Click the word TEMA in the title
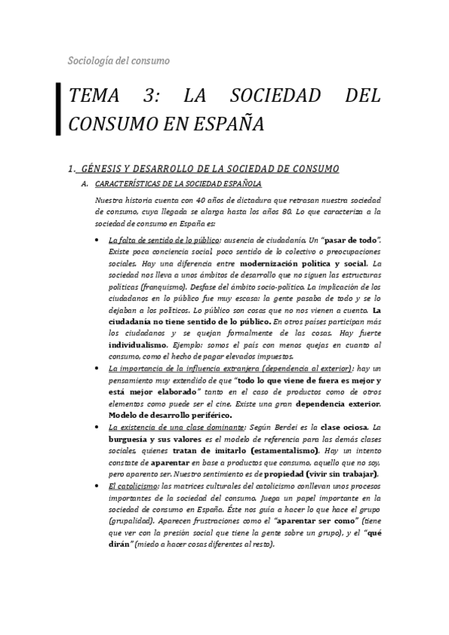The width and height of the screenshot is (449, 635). click(97, 96)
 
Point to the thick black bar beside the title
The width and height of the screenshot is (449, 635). click(58, 109)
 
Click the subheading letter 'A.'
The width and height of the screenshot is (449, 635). click(85, 183)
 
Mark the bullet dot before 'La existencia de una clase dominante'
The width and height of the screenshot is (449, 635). click(100, 428)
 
